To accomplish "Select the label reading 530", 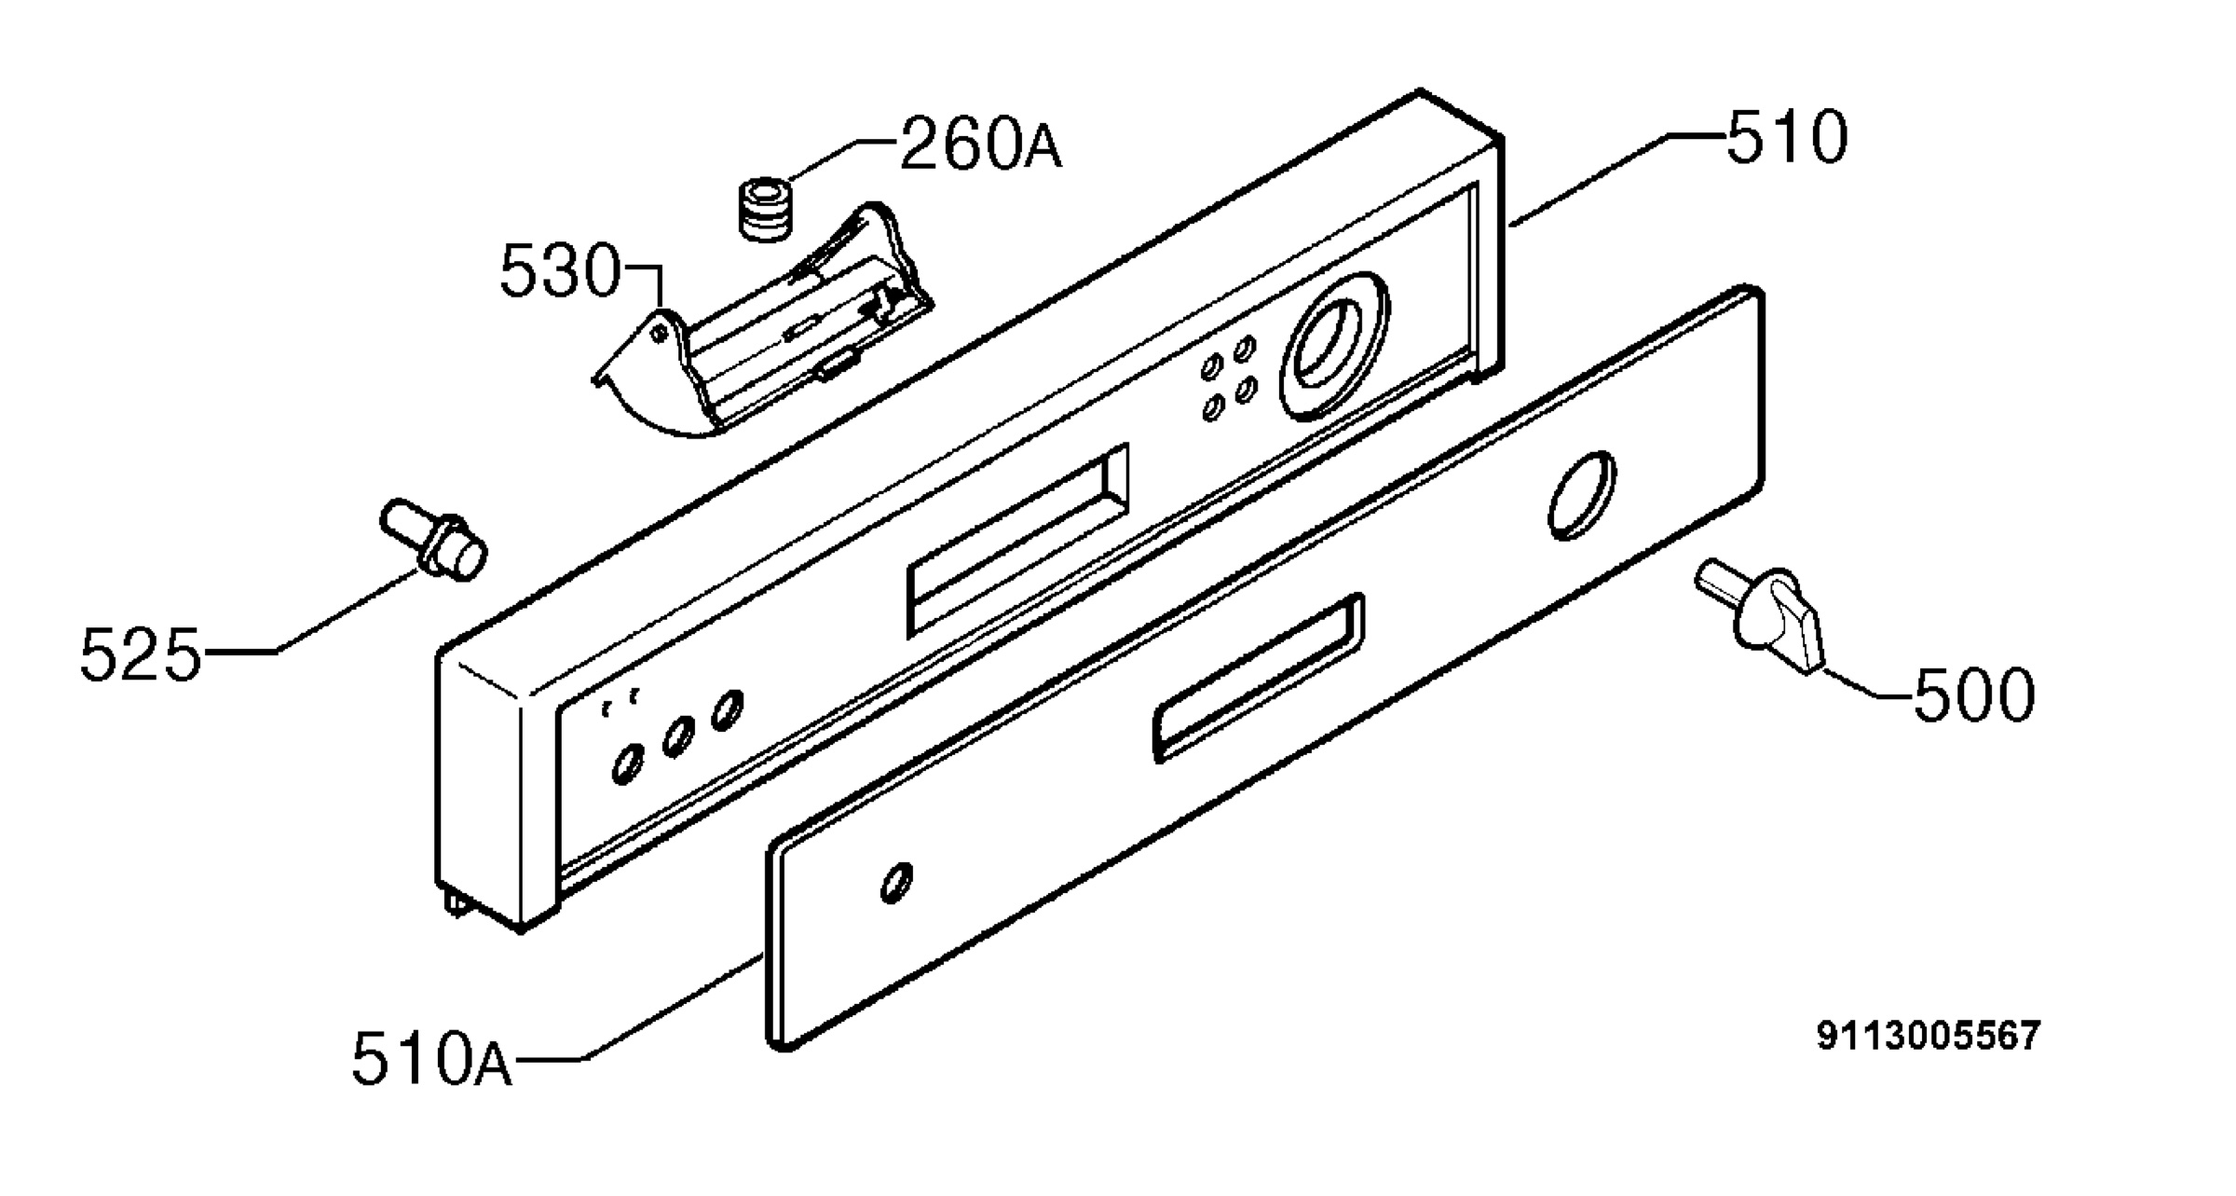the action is tap(560, 271).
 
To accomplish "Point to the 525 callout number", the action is tap(140, 654).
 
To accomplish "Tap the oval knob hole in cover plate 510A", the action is tap(1581, 496).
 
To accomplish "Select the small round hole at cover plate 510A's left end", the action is tap(896, 883).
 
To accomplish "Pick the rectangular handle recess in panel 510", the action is tap(1018, 540).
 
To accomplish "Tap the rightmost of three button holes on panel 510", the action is tap(728, 710).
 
